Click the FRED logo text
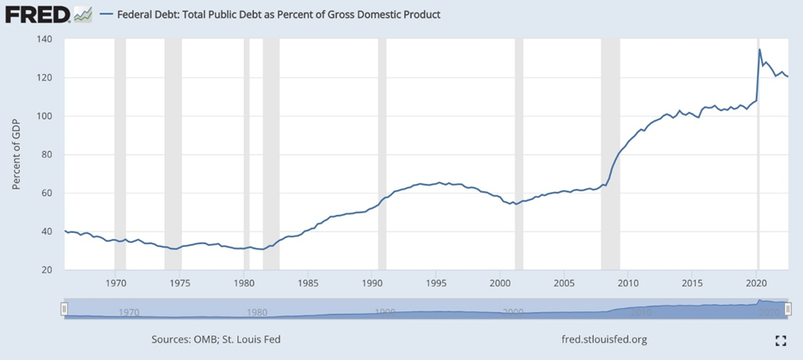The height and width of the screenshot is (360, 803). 34,14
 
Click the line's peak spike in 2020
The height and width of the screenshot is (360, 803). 759,50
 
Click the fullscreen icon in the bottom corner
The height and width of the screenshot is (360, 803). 781,340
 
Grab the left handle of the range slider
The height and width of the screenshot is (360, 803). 64,308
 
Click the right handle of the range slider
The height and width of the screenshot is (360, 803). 788,308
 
